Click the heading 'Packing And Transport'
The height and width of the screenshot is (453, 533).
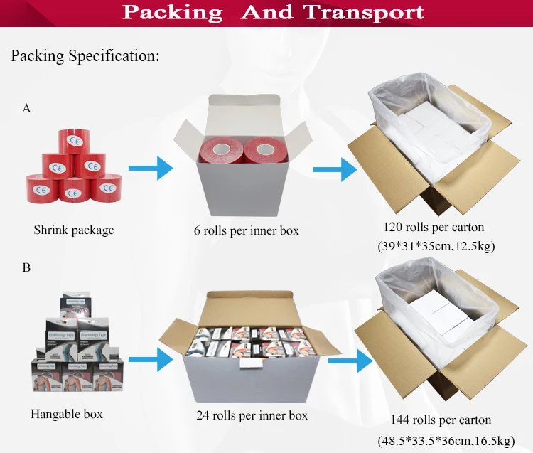(273, 12)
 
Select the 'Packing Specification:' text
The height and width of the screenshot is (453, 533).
(85, 55)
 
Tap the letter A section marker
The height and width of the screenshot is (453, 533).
(27, 108)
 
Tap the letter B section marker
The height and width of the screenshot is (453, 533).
(27, 269)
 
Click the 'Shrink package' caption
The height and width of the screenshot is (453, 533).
(73, 230)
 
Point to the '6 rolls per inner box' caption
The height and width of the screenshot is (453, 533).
(246, 230)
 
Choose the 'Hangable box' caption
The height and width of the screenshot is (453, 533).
(67, 413)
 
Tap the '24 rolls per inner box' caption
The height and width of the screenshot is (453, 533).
(252, 415)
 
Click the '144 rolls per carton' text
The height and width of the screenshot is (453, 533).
(441, 420)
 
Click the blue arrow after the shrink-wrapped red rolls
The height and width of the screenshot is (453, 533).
(151, 169)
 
